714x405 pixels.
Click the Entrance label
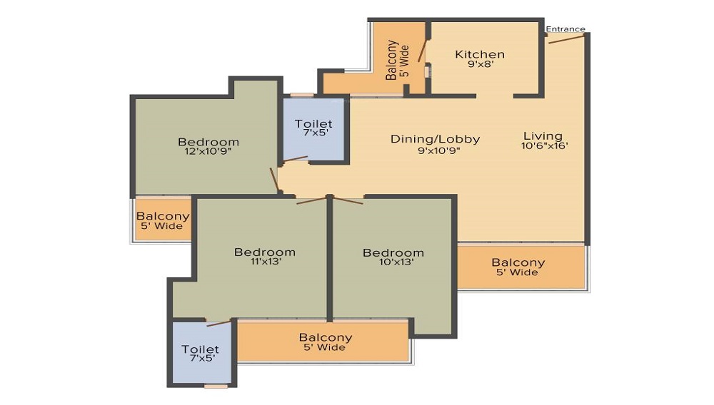coord(565,29)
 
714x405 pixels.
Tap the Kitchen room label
coord(480,54)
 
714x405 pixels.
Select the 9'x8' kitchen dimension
coord(481,64)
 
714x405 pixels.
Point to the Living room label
coord(543,136)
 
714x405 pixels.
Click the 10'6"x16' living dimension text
coord(545,146)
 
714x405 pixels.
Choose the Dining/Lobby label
coord(436,139)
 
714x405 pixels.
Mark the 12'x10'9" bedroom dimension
coord(208,151)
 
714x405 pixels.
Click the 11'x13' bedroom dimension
coord(266,262)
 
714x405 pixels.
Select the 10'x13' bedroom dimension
coord(396,262)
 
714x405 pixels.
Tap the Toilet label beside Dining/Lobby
coord(313,123)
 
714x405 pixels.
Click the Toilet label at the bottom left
coord(201,349)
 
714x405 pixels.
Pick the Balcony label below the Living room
coord(518,262)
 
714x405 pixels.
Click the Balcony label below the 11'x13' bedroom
coord(326,338)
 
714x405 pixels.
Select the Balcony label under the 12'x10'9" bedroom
coord(163,216)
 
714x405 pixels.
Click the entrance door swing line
coord(566,39)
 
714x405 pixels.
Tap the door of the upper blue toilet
coord(296,158)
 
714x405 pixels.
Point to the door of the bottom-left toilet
coord(219,324)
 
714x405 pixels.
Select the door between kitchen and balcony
coord(423,51)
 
